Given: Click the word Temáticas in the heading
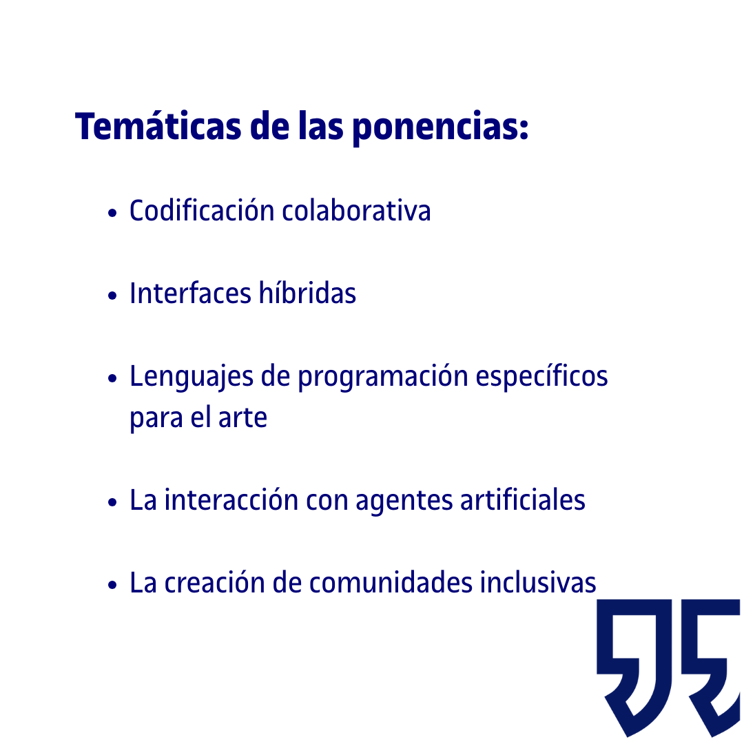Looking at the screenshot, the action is click(158, 126).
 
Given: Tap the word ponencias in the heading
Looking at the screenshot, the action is click(440, 128).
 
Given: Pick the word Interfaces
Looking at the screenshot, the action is click(190, 293).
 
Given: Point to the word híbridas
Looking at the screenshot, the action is click(307, 293).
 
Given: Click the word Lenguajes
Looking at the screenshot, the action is click(192, 378).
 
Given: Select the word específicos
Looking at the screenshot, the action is click(542, 378).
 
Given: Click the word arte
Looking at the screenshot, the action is click(242, 417).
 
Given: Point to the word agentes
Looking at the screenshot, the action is click(404, 501).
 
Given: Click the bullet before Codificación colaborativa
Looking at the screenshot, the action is click(112, 213).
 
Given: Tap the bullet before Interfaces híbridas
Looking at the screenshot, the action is click(112, 296).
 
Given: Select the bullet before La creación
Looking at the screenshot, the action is click(112, 585).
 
